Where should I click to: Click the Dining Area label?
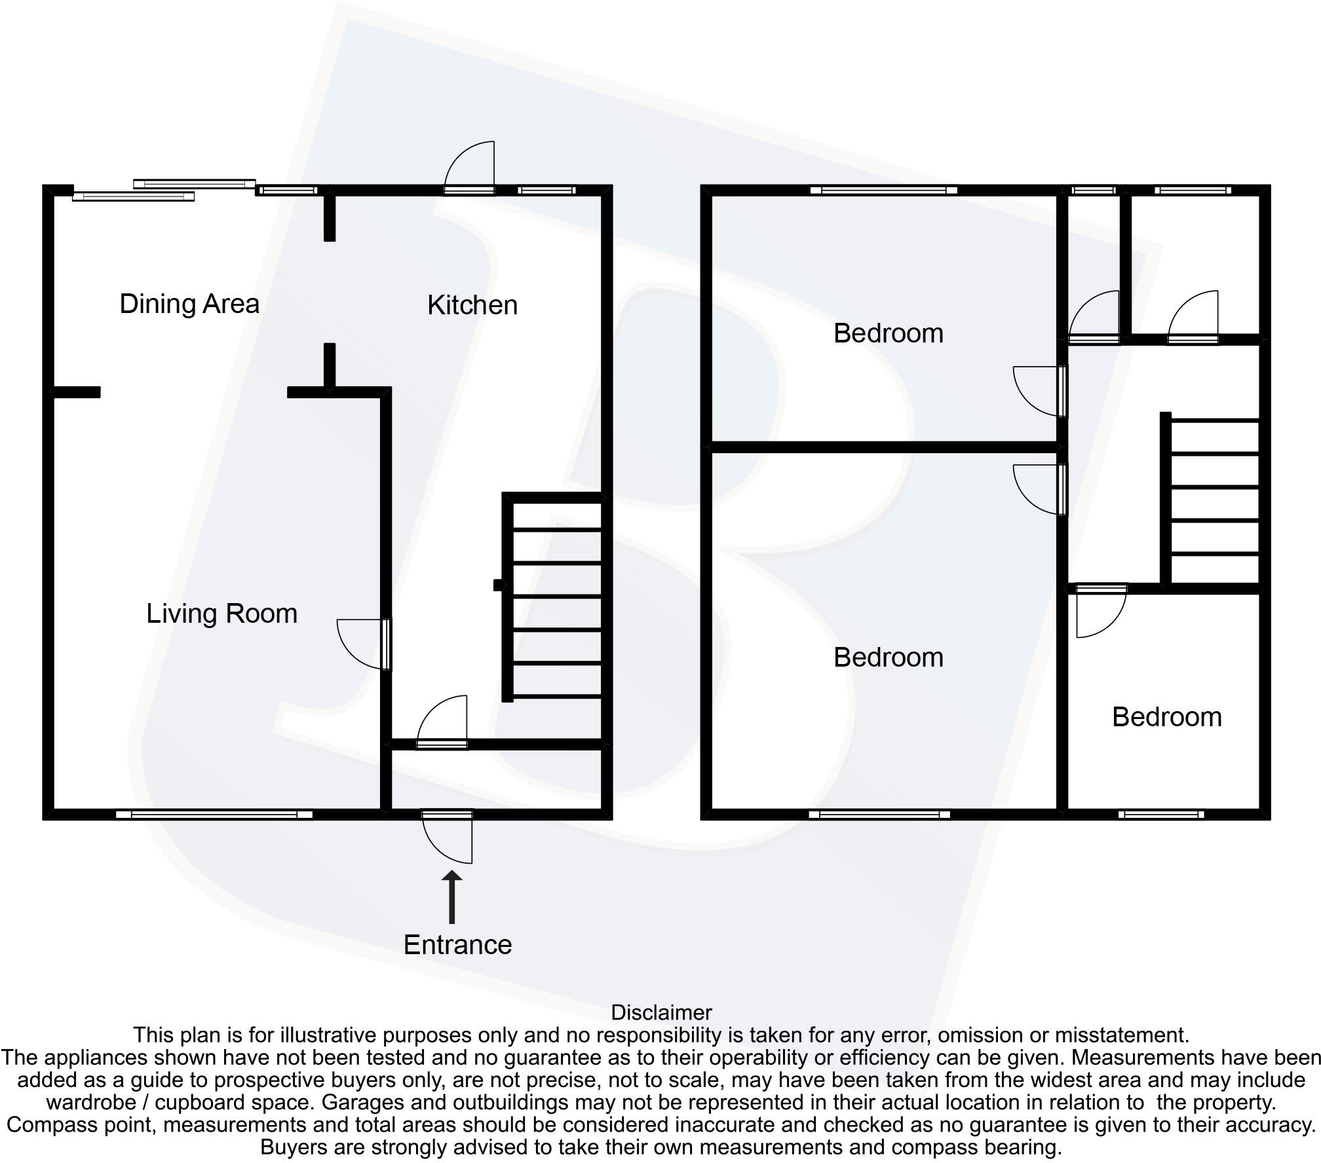click(189, 304)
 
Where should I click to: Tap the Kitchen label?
click(472, 305)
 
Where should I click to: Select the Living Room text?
click(221, 614)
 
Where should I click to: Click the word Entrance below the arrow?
click(457, 945)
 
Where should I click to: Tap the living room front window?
click(214, 815)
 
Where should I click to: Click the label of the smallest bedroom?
click(1166, 718)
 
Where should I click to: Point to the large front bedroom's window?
click(879, 815)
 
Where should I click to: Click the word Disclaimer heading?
click(660, 1013)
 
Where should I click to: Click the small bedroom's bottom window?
click(1161, 815)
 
